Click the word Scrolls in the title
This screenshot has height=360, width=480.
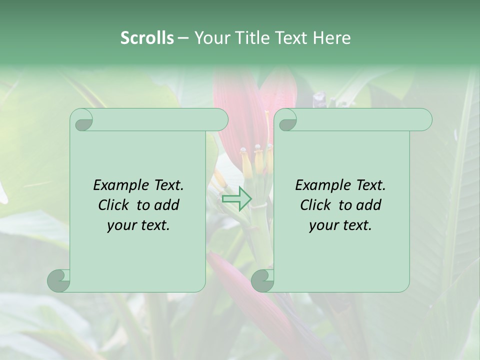pos(147,38)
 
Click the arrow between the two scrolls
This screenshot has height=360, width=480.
pos(236,199)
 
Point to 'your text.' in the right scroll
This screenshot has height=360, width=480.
pos(340,225)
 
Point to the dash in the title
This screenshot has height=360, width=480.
pos(183,38)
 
